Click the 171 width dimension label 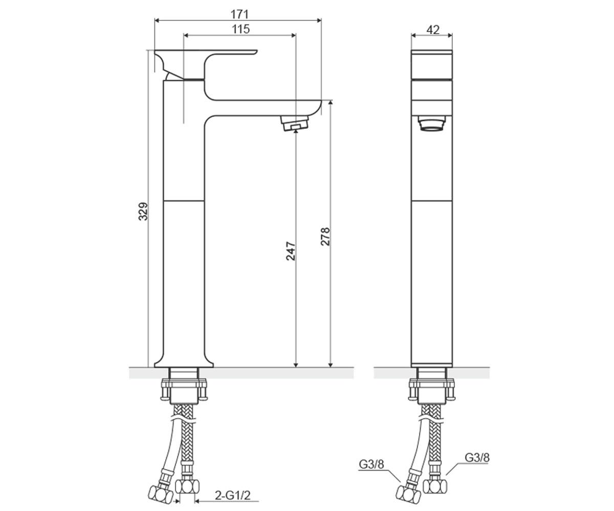point(239,14)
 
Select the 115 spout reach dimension point(240,29)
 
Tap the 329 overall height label point(143,211)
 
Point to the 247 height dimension point(291,251)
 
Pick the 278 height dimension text point(325,236)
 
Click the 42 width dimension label point(432,30)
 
